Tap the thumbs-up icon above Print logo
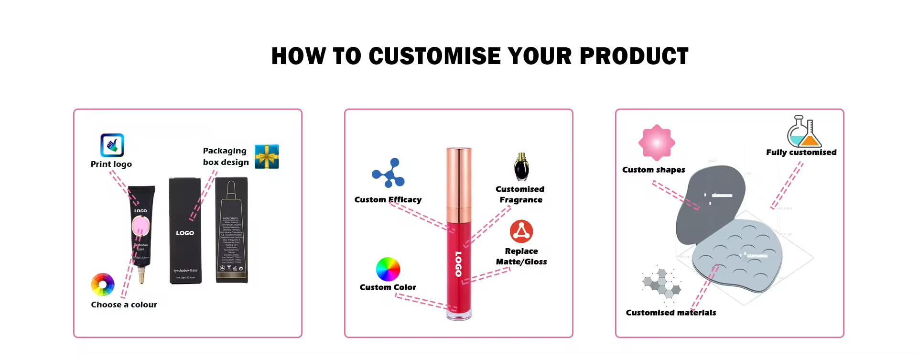coord(112,145)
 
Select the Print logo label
coord(111,164)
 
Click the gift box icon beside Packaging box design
coord(267,156)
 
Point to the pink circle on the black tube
coord(141,226)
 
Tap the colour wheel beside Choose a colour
coord(103,285)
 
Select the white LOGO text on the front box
coord(185,233)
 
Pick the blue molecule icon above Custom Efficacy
coord(388,173)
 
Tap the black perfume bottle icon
coord(521,167)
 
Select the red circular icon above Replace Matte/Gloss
coord(521,231)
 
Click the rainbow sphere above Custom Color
coord(388,269)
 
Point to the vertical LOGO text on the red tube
coord(458,264)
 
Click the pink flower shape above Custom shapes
coord(657,142)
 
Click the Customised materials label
coord(671,313)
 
